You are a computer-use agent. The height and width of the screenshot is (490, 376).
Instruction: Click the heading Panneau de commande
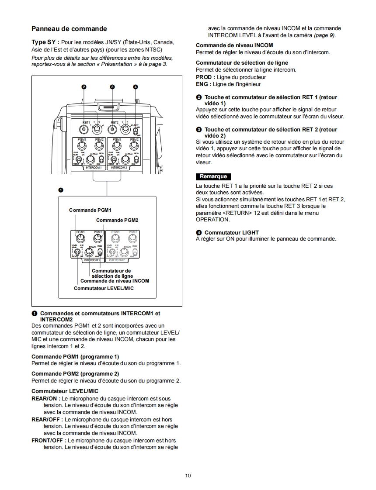(69, 29)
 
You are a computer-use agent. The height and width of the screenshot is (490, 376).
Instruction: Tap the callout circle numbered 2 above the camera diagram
(84, 87)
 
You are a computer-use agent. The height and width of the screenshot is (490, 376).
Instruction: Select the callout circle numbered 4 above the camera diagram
(136, 87)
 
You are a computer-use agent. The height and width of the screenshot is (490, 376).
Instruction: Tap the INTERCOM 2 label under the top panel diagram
(118, 167)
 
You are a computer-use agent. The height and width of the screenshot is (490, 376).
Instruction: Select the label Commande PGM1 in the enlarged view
(90, 210)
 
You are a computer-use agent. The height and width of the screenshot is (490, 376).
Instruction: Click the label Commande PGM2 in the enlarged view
(117, 220)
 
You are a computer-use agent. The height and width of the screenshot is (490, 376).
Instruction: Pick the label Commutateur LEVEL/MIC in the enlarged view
(104, 288)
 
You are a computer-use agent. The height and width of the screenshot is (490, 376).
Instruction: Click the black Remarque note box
(213, 177)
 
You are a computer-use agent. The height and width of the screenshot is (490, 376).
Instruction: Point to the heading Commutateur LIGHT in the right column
(231, 232)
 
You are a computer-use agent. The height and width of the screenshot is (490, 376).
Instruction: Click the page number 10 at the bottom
(188, 476)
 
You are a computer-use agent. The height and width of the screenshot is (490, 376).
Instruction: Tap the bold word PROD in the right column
(203, 77)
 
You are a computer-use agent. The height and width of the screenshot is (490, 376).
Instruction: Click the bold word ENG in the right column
(202, 84)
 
